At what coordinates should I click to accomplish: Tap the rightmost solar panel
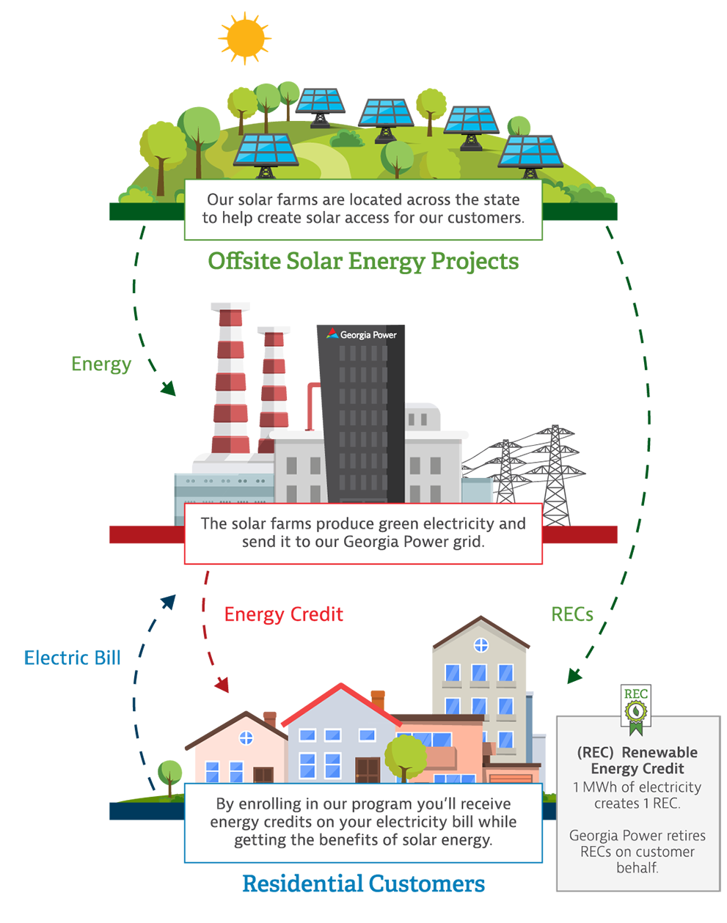tap(530, 152)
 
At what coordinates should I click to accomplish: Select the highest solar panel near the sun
tap(319, 102)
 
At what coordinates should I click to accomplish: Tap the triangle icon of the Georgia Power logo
tap(332, 334)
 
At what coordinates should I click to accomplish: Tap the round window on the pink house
tap(246, 738)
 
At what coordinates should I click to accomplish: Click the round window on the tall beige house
tap(481, 645)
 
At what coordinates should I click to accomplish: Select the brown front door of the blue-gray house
tap(367, 770)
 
